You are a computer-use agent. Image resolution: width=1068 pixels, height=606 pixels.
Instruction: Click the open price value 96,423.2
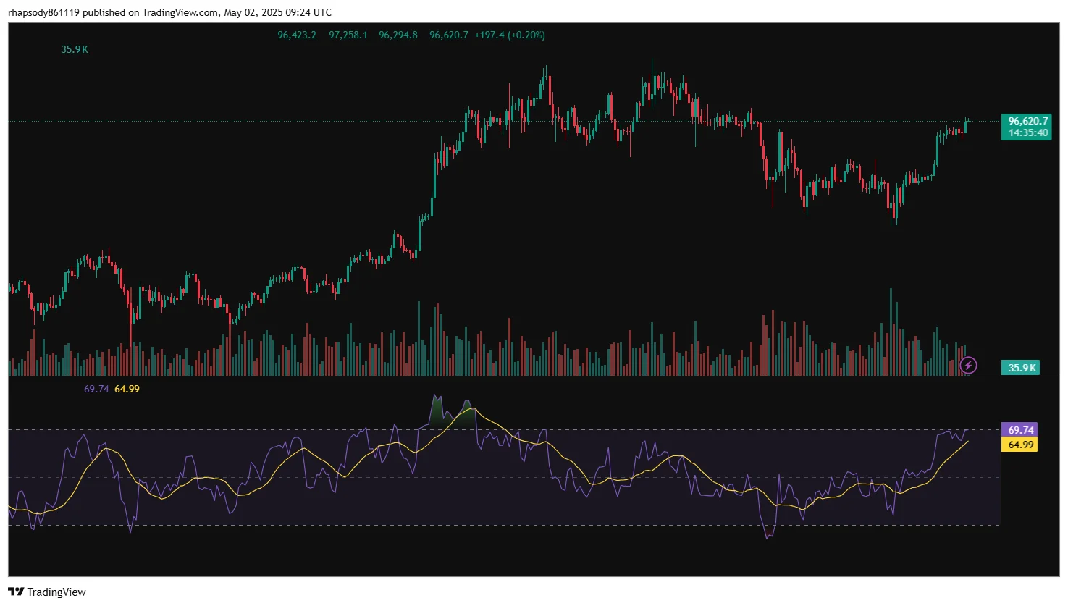pos(297,35)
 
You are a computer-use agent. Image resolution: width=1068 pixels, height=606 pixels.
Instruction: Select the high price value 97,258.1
pos(348,35)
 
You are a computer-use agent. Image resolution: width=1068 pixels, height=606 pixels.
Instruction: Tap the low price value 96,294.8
pos(398,35)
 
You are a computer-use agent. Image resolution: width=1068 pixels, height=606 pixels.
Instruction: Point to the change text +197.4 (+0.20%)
pos(510,35)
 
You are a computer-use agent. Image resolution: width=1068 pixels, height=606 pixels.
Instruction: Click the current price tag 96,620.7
pos(1027,121)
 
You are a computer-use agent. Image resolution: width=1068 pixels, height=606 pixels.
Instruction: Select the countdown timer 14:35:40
pos(1027,133)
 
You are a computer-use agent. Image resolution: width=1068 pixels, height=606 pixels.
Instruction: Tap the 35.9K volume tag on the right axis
pos(1021,368)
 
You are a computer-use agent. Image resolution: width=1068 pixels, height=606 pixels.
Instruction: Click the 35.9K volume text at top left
pos(75,49)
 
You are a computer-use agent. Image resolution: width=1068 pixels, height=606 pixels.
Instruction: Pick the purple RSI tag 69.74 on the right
pos(1020,430)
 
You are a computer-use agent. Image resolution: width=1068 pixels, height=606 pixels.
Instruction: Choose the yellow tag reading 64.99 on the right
pos(1020,445)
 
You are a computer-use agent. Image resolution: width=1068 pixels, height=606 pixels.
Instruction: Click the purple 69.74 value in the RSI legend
pos(96,389)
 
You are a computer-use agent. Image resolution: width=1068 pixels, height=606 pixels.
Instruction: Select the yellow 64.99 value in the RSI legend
pos(127,389)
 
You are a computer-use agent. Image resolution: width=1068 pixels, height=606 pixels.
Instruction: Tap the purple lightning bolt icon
pos(968,365)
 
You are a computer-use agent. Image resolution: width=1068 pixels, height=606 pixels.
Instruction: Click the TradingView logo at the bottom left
pos(48,592)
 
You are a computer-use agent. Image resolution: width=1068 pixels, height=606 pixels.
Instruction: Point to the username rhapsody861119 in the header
pos(43,12)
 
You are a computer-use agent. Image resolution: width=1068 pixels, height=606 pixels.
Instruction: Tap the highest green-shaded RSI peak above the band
pos(435,397)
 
